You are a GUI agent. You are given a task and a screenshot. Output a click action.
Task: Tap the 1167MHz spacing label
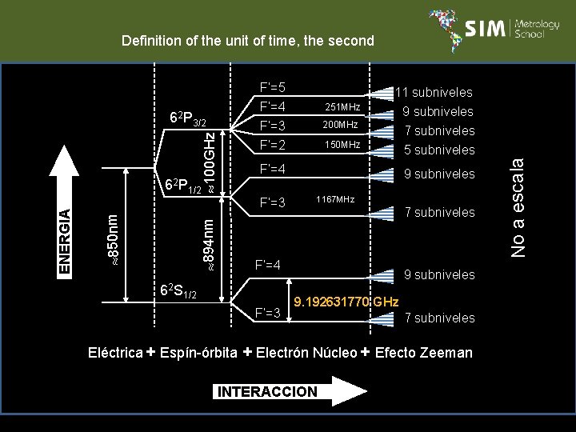pos(334,198)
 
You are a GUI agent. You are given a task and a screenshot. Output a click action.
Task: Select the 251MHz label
pos(342,106)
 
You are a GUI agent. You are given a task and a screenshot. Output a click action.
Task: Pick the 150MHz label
pos(342,145)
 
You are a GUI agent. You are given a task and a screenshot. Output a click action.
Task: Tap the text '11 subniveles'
pos(437,93)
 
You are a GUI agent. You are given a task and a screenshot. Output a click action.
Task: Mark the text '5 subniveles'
pos(439,150)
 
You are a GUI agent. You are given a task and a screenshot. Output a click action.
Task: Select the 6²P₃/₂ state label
pos(189,119)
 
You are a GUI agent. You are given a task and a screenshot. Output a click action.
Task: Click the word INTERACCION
pos(266,391)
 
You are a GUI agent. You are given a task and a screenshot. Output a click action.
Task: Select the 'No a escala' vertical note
pos(518,206)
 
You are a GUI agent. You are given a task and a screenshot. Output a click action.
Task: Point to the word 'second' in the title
pos(348,41)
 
